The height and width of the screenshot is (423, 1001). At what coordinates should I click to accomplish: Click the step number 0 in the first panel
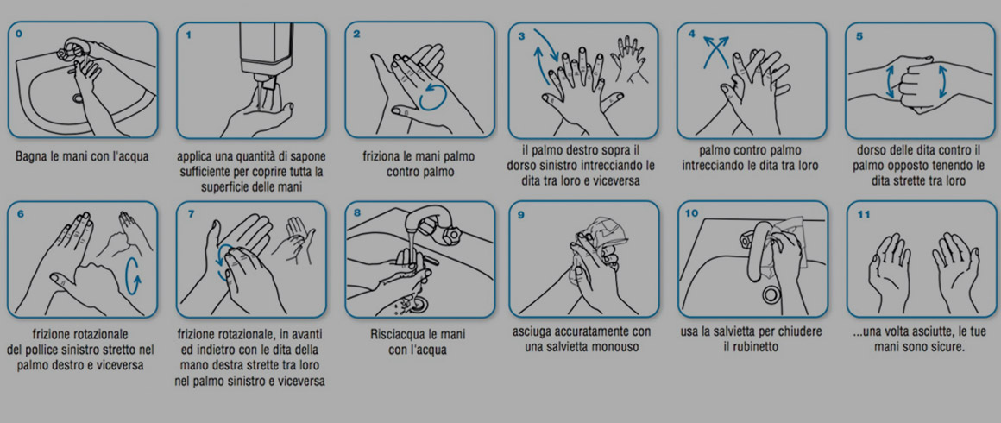(x=18, y=34)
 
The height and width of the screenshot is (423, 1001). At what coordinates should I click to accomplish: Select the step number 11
(x=863, y=214)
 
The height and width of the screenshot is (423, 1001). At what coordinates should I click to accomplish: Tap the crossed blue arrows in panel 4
(x=715, y=51)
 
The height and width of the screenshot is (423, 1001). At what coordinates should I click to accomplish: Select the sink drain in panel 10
(x=771, y=294)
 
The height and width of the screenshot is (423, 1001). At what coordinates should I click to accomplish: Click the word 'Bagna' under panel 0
(x=33, y=156)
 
